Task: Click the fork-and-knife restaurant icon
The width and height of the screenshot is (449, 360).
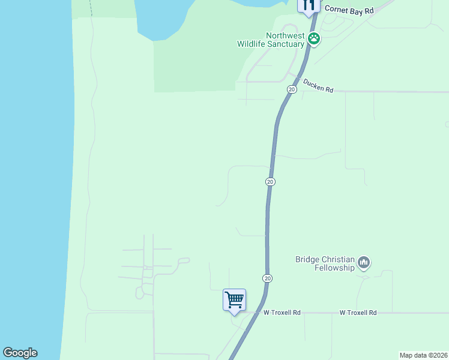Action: (309, 6)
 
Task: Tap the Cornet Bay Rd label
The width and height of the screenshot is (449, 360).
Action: (348, 10)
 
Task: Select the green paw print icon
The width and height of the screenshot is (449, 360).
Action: (314, 39)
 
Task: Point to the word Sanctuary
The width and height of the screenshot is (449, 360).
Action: (288, 44)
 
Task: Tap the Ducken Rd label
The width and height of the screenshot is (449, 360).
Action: (318, 85)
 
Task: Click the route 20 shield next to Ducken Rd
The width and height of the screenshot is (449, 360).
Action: (291, 89)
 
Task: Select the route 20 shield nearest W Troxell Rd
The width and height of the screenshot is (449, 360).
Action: (267, 278)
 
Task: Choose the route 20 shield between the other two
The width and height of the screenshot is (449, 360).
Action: (270, 181)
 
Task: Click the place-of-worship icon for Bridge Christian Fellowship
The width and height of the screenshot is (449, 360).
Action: (364, 263)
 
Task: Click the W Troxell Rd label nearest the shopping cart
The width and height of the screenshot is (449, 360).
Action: (282, 313)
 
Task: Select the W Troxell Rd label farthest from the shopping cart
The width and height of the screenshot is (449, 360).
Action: (358, 313)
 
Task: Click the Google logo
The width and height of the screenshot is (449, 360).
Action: (20, 353)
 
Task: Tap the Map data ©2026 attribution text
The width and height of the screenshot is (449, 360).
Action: (423, 355)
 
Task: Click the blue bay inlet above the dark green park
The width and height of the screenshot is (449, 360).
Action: (165, 18)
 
